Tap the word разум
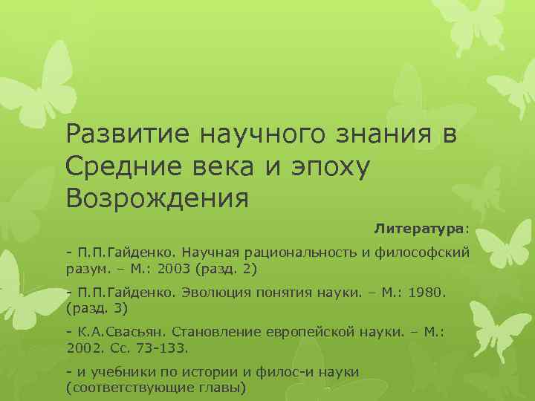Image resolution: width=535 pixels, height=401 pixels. click(x=85, y=267)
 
